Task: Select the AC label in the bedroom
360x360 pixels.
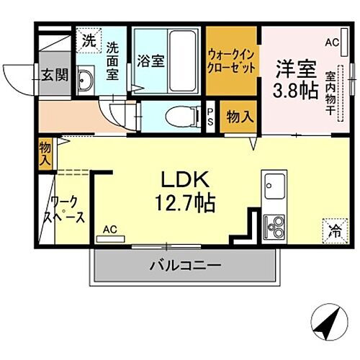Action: tap(330, 43)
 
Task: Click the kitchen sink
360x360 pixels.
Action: tap(274, 189)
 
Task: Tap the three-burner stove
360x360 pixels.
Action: tap(274, 227)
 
